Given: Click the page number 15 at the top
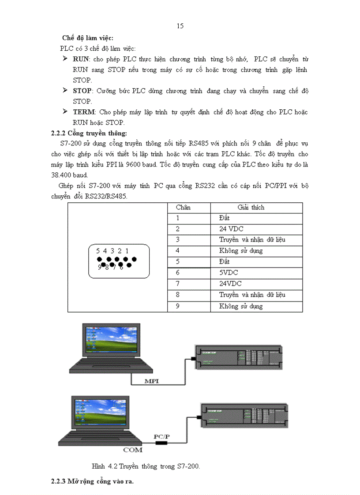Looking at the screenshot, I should point(180,26).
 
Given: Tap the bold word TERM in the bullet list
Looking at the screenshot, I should point(84,112).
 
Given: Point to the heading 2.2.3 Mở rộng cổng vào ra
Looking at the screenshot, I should point(92,481).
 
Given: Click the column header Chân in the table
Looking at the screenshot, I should point(183,207).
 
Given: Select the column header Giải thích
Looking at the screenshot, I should point(251,207).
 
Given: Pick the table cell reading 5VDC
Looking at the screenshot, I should point(228,273).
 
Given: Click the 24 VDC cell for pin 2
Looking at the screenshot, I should point(231,229).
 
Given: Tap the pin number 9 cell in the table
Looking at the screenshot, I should point(178,306).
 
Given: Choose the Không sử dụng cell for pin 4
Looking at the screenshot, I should point(240,251).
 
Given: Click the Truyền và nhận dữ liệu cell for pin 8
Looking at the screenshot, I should point(252,295).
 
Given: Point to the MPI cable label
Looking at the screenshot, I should point(152,380).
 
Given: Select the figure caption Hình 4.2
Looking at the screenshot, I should point(146,466).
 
